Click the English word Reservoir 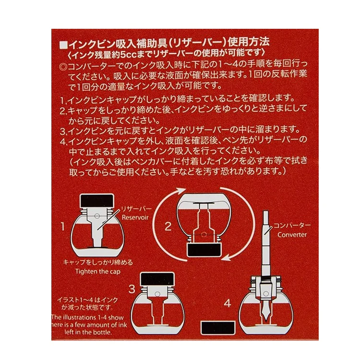pyautogui.click(x=135, y=217)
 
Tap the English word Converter pyautogui.click(x=292, y=235)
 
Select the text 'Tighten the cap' pyautogui.click(x=98, y=272)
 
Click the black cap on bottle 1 pyautogui.click(x=97, y=201)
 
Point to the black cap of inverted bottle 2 pyautogui.click(x=204, y=250)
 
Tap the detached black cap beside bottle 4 pyautogui.click(x=218, y=328)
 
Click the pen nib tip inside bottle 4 pyautogui.click(x=266, y=320)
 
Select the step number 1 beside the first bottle pyautogui.click(x=62, y=227)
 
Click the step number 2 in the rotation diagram pyautogui.click(x=168, y=227)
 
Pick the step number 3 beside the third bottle pyautogui.click(x=132, y=289)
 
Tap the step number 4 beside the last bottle pyautogui.click(x=228, y=303)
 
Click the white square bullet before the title pyautogui.click(x=63, y=45)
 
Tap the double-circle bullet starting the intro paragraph pyautogui.click(x=63, y=67)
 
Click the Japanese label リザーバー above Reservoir pyautogui.click(x=136, y=209)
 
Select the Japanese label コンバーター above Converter pyautogui.click(x=292, y=226)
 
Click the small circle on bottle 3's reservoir pyautogui.click(x=157, y=294)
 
